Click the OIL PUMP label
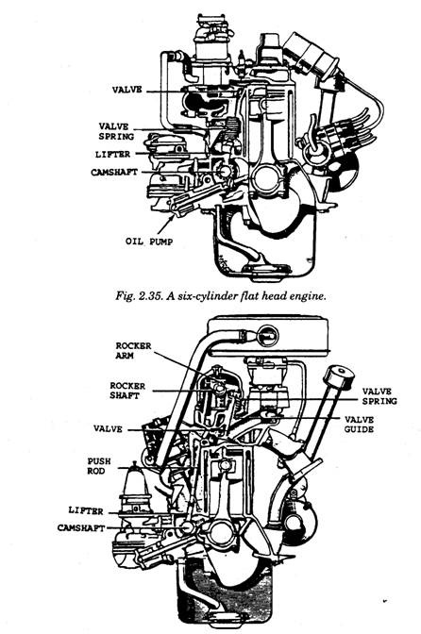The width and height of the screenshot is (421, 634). [x=149, y=242]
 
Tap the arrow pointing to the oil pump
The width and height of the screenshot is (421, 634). [x=166, y=225]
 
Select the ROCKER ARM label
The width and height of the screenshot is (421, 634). [x=133, y=351]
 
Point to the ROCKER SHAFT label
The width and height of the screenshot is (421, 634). [x=127, y=391]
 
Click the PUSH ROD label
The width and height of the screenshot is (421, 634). [x=99, y=466]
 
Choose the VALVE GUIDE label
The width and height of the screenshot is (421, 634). [x=359, y=425]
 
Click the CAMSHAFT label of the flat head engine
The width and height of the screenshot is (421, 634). [x=114, y=173]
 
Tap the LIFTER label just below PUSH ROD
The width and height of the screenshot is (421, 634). [x=86, y=510]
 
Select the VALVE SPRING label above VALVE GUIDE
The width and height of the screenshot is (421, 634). [x=379, y=396]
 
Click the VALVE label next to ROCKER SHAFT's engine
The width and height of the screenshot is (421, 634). [x=108, y=428]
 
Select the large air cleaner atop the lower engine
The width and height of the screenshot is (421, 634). [x=268, y=336]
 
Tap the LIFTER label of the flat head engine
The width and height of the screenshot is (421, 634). [x=113, y=155]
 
